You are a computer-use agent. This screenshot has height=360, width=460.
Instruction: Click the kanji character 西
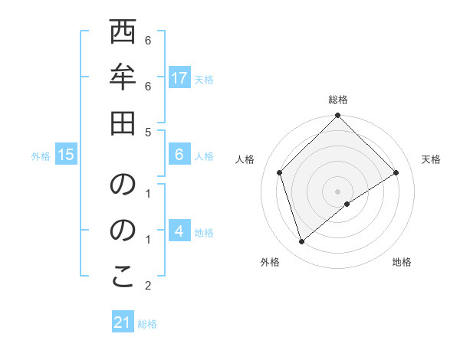click(123, 34)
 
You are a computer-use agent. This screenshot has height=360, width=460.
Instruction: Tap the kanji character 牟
click(123, 79)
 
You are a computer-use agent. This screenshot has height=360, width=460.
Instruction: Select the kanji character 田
click(123, 123)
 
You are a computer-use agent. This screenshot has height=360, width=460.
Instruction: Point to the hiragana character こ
click(123, 278)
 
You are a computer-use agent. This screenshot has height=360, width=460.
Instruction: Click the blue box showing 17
click(179, 77)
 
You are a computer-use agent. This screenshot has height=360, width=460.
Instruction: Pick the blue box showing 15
click(66, 155)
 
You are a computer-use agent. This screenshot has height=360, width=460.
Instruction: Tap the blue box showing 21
click(123, 322)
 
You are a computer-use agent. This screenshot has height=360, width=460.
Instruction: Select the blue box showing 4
click(179, 231)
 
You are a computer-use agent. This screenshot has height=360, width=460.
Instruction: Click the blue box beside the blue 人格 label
click(179, 155)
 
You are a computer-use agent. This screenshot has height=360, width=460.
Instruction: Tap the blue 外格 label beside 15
click(41, 156)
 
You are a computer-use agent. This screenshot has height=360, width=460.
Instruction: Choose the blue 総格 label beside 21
click(147, 324)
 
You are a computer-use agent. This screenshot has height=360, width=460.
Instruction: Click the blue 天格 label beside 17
click(204, 79)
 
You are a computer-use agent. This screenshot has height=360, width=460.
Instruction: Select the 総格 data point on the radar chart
click(337, 116)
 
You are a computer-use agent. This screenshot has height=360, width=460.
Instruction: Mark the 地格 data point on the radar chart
click(347, 204)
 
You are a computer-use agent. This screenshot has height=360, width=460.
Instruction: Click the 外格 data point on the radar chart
click(302, 242)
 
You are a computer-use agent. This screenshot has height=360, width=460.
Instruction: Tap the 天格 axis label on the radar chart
click(431, 159)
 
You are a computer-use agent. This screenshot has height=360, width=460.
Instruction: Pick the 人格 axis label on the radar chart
click(245, 159)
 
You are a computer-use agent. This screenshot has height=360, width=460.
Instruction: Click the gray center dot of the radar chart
click(337, 191)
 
